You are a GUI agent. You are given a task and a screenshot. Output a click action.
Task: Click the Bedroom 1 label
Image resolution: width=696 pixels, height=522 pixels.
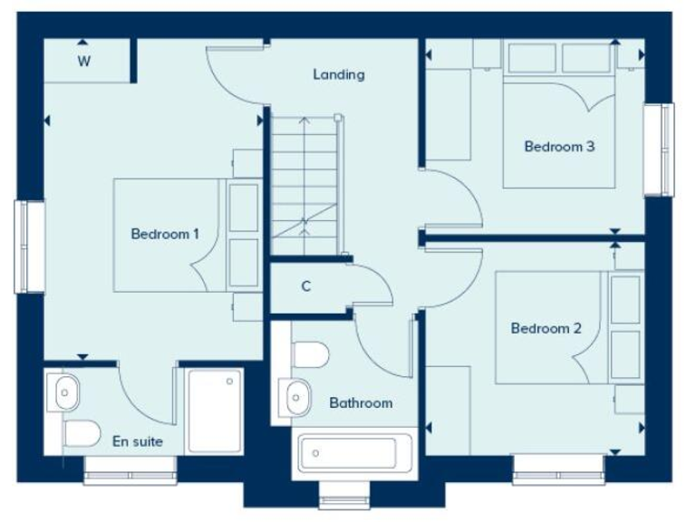pos(165,234)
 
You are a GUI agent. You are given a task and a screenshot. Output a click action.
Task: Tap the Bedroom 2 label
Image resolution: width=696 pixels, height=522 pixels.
pos(546,328)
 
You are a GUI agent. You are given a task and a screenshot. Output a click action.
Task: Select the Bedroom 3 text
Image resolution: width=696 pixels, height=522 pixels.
pos(559,146)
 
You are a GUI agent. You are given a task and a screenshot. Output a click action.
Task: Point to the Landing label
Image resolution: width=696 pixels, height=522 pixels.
pos(339,74)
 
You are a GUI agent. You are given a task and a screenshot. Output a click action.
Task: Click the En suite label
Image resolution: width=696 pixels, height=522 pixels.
pos(138,442)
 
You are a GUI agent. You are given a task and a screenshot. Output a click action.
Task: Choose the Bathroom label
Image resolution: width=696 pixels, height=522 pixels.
pos(361,402)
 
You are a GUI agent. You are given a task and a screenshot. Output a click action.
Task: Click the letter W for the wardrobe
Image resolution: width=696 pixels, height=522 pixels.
pos(83,62)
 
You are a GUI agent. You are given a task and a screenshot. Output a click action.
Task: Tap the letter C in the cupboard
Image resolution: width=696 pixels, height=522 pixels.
pos(306,286)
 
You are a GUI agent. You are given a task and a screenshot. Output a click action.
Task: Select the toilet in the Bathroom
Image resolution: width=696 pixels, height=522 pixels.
pos(311,354)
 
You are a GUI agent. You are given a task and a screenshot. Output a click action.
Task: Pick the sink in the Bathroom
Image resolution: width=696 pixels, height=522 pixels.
pos(295,396)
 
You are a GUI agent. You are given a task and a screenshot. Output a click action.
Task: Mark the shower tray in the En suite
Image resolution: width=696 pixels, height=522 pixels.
pos(215,410)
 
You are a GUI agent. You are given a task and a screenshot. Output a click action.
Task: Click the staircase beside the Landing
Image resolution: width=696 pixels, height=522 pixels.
pos(304,186)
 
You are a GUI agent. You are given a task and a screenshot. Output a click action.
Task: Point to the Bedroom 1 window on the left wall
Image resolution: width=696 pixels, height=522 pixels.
pos(29,246)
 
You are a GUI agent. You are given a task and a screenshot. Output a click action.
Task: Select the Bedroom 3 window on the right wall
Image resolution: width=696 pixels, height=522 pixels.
pos(659,150)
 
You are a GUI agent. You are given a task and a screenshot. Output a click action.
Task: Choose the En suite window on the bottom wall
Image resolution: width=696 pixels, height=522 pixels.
pos(130,468)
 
